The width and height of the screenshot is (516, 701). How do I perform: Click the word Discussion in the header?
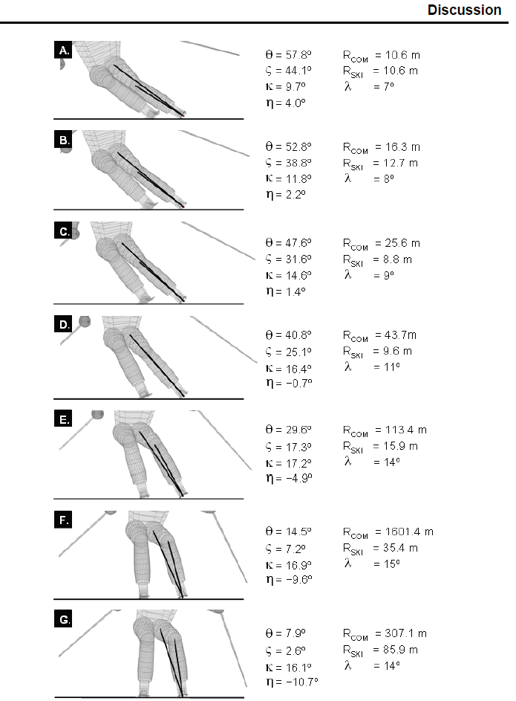[464, 10]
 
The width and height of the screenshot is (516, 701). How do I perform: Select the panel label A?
[65, 50]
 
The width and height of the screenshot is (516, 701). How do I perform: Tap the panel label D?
[65, 324]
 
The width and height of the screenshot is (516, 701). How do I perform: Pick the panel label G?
[65, 619]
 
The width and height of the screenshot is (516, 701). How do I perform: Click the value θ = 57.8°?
[288, 55]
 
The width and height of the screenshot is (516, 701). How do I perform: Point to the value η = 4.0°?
[286, 103]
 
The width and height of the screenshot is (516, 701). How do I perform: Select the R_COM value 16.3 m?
[402, 147]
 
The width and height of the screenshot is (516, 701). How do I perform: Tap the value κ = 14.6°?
[288, 275]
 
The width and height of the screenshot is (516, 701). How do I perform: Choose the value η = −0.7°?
[289, 383]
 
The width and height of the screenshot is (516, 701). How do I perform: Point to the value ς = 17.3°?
[288, 447]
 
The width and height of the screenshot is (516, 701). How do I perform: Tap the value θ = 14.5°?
[288, 532]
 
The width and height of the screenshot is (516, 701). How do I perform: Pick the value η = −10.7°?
[292, 682]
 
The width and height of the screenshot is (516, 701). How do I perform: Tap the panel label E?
[65, 419]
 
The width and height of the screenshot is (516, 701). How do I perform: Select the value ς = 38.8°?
[288, 163]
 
